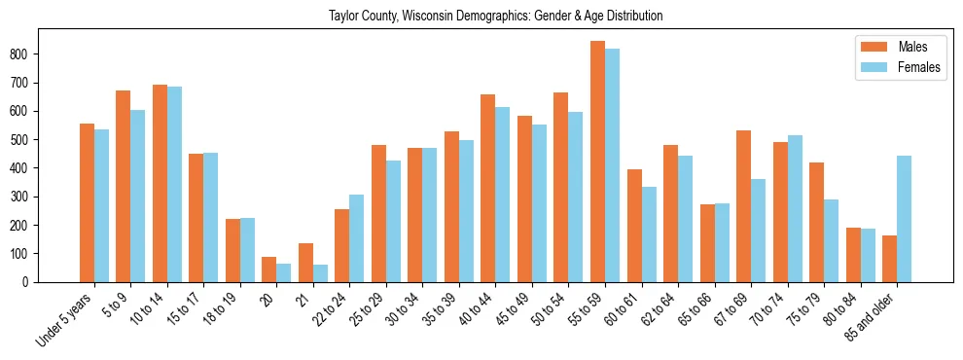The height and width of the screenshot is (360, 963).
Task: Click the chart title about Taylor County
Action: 495,16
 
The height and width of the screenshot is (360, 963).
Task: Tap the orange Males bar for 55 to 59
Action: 597,162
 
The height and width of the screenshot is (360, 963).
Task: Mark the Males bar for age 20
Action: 269,270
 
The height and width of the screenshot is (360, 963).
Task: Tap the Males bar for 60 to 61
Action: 634,226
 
